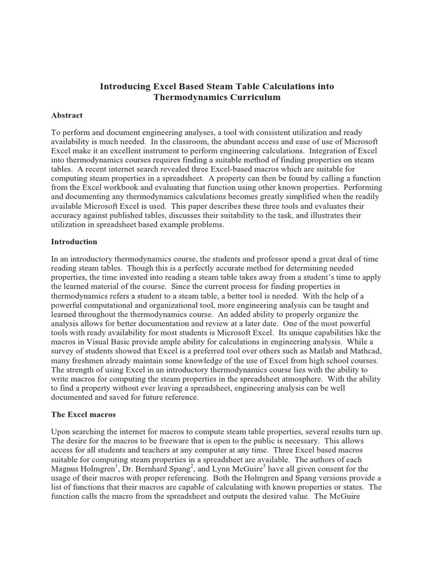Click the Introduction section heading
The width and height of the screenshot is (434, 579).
coord(74,241)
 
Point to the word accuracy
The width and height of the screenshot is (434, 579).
coord(67,215)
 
